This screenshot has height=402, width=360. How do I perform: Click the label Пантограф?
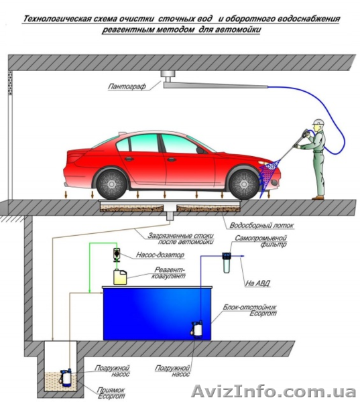point(127,86)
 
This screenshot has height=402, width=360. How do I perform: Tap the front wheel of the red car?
point(244,184)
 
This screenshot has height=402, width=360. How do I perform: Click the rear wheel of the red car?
point(111,184)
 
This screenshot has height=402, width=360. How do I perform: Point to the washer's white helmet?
point(319,122)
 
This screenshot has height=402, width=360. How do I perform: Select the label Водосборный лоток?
point(261,225)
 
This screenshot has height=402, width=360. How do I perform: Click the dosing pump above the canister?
point(117,255)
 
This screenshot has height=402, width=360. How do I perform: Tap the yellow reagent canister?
point(120,277)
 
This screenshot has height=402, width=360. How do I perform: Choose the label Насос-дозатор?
point(160,255)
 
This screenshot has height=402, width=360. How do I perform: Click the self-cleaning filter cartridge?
point(227,263)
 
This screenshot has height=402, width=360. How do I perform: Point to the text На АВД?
point(257,283)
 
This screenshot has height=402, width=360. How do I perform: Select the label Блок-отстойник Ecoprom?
point(249,310)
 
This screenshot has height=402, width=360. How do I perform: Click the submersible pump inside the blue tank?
point(197,330)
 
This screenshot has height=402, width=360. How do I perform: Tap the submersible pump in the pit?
point(66,378)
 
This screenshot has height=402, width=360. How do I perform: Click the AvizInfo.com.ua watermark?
point(274,392)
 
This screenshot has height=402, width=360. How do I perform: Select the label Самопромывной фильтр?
point(261,241)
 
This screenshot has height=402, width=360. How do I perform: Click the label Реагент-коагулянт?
point(169,273)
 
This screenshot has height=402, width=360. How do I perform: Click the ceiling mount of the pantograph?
point(168,75)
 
